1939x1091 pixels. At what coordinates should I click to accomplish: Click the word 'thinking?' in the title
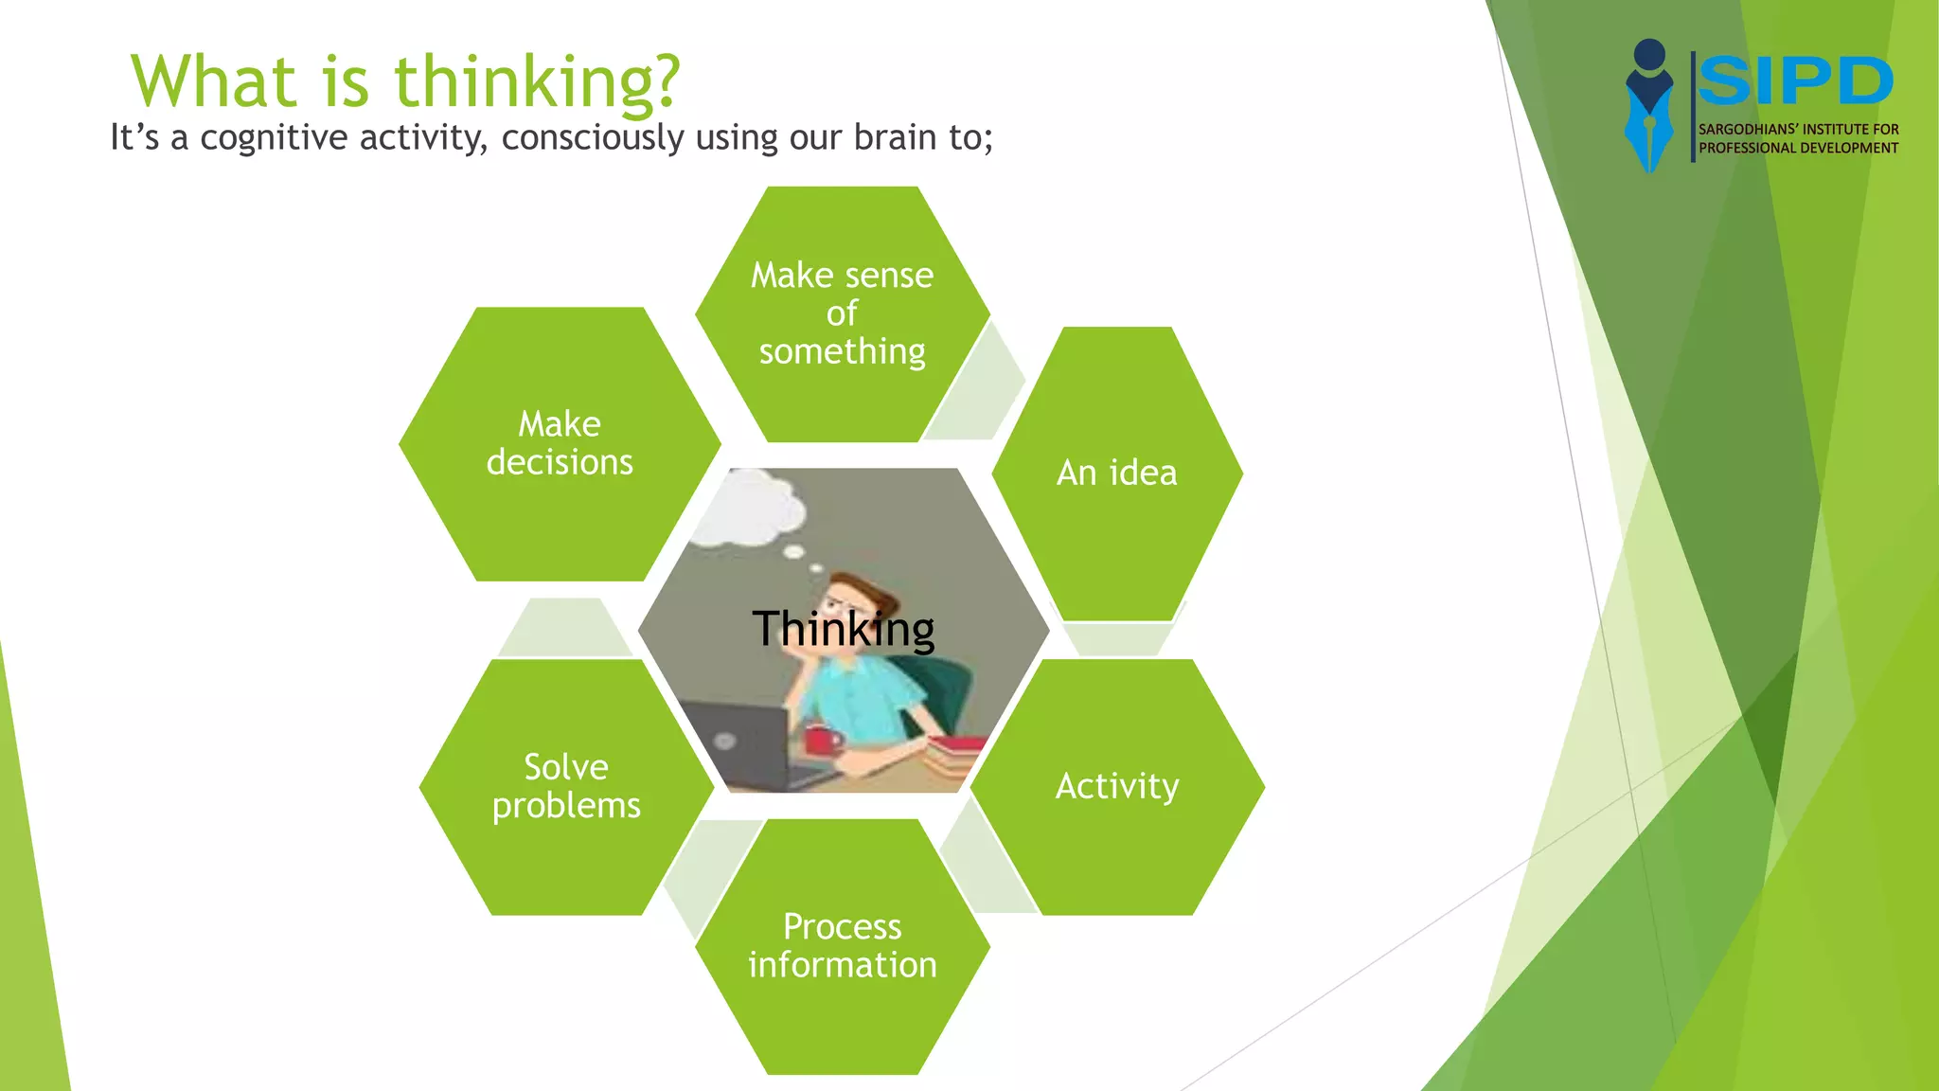coord(537,83)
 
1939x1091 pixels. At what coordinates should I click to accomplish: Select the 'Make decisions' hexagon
coord(560,443)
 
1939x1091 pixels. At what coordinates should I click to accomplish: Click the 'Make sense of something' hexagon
coord(842,313)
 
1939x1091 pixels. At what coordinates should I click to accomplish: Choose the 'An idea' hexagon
coord(1117,473)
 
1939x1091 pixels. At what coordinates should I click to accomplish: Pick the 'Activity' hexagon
coord(1117,786)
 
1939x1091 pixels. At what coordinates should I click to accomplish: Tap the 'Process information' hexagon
coord(842,946)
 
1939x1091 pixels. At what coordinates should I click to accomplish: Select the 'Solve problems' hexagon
coord(566,786)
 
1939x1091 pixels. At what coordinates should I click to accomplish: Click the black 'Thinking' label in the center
coord(843,629)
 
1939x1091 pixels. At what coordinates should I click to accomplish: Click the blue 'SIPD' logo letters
coord(1795,81)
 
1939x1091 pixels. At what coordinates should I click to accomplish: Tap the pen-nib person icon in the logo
coord(1649,104)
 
